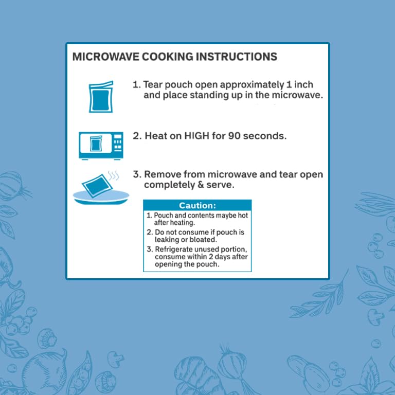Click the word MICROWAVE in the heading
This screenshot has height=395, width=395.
(106, 57)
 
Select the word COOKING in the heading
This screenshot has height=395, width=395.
(168, 57)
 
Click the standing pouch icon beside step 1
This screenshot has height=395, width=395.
(101, 97)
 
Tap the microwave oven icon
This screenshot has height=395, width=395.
(101, 146)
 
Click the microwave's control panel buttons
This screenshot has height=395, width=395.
(118, 142)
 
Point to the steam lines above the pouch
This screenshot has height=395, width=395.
(113, 175)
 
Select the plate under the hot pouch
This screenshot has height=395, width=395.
(101, 197)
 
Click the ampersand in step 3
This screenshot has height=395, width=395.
(201, 185)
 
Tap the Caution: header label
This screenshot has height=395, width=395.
(197, 206)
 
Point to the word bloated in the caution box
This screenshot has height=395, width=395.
(202, 240)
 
